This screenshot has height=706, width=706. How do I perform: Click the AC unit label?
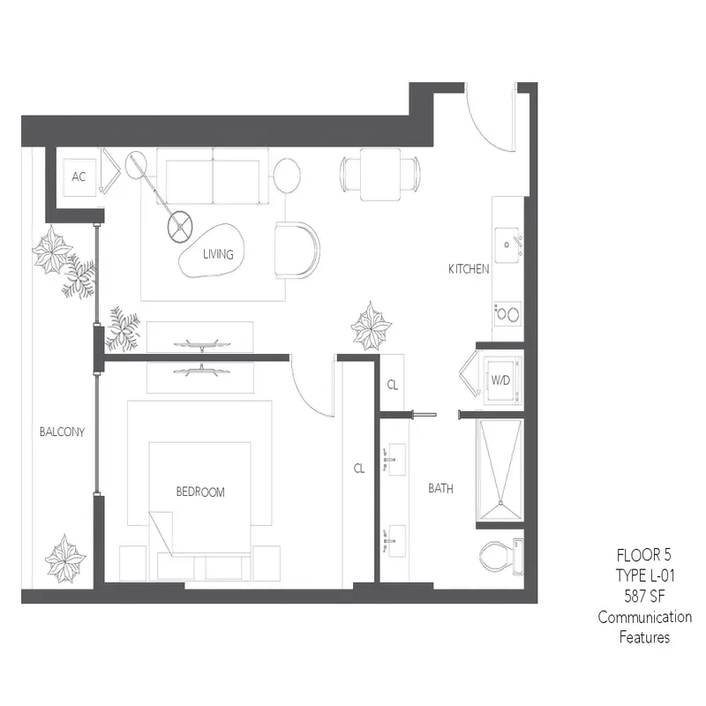[79, 176]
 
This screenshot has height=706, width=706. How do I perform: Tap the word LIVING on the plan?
[218, 255]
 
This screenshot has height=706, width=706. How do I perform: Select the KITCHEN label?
[469, 269]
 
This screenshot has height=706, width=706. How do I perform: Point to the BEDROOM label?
[200, 492]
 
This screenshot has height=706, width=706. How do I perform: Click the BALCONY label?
[62, 432]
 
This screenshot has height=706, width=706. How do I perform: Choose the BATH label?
[440, 488]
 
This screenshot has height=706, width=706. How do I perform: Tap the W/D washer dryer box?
[499, 380]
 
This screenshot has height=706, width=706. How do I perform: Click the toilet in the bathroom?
[500, 556]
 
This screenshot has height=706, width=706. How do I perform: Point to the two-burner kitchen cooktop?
[507, 312]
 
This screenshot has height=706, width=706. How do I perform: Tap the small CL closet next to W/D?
[394, 385]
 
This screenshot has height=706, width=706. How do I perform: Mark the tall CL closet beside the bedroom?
[359, 469]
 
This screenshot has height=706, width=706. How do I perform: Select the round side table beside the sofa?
[286, 173]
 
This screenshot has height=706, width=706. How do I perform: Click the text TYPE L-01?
[644, 575]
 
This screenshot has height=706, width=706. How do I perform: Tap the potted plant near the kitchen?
[371, 327]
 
